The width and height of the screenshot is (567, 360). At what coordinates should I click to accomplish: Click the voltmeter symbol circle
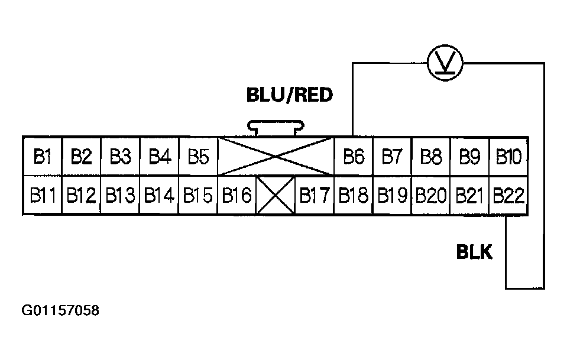pos(444,61)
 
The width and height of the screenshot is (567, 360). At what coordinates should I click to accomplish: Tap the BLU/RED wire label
pos(290,95)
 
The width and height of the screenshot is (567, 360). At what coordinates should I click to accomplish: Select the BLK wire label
pos(474,252)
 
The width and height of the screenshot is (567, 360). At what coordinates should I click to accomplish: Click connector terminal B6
pos(353,157)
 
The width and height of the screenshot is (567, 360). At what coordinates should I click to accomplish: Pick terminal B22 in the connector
pos(508,195)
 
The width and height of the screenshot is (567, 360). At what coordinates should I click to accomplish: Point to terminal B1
pos(43,157)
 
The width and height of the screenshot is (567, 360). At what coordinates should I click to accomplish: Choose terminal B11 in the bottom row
pos(43,195)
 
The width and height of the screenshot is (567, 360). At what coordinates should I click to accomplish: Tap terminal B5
pos(198,157)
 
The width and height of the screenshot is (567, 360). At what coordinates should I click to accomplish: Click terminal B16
pos(236,195)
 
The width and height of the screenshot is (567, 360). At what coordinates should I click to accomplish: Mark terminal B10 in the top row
pos(508,157)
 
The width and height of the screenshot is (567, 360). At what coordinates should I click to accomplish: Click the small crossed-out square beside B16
pos(275,195)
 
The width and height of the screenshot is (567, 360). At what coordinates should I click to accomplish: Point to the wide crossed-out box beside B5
pos(276,157)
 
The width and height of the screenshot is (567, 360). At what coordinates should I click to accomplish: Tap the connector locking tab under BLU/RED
pos(276,127)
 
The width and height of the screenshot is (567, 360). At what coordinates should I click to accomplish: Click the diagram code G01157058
pos(60,310)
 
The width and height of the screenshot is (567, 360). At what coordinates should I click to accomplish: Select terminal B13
pos(120,195)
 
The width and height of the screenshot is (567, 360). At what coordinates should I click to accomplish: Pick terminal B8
pos(431,157)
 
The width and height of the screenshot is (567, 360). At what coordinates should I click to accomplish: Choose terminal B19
pos(392,195)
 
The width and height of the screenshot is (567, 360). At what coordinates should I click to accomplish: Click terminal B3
pos(120,157)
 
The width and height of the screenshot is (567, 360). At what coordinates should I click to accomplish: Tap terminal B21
pos(470,195)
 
